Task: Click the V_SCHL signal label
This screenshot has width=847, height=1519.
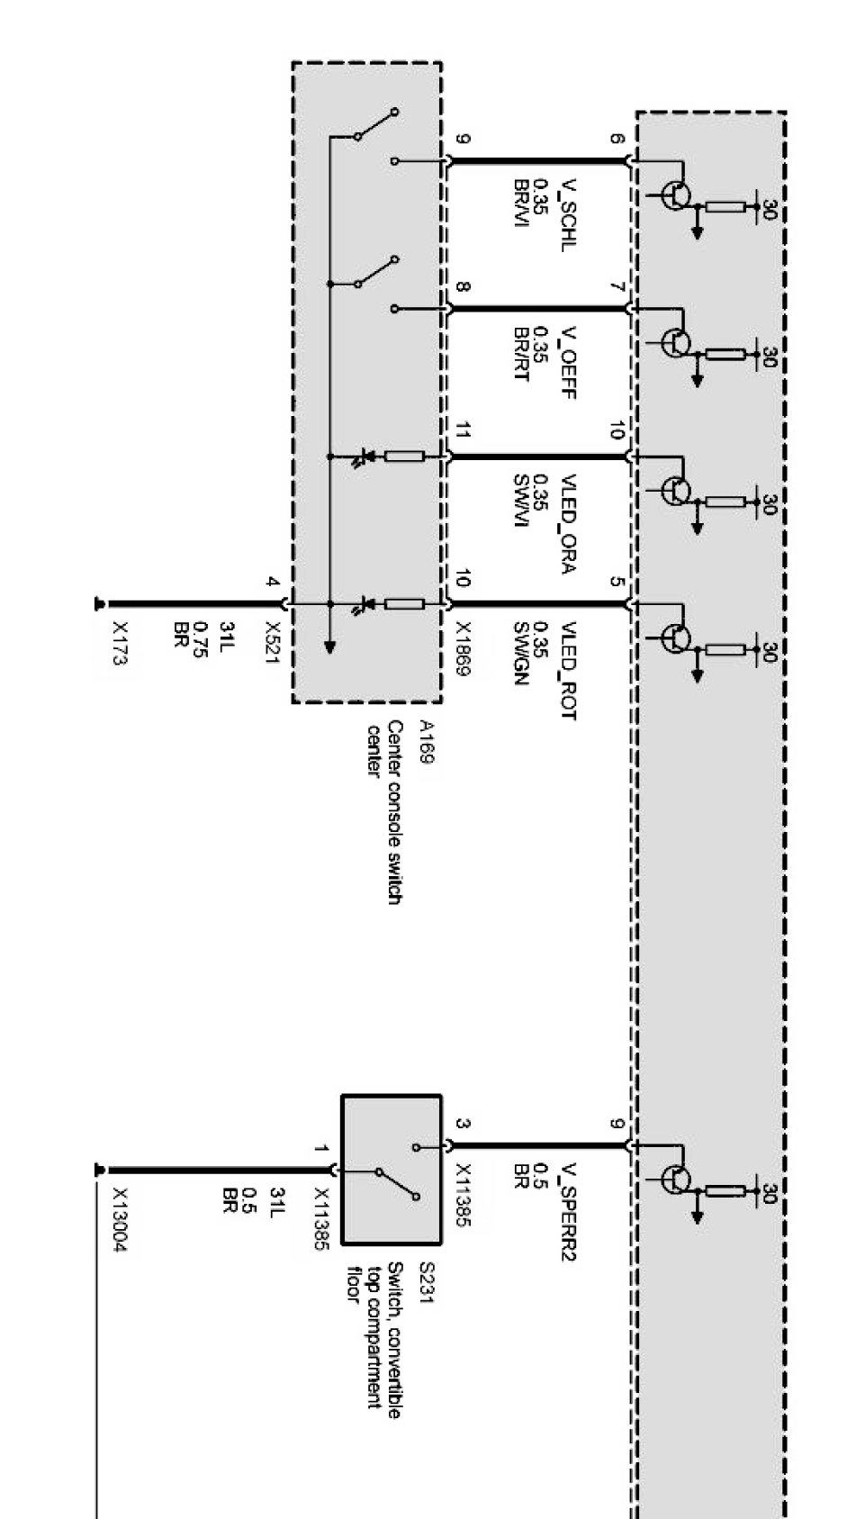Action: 568,215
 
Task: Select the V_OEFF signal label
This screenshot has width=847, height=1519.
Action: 568,362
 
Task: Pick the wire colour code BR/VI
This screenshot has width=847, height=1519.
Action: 520,203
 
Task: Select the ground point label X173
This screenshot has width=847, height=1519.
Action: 120,643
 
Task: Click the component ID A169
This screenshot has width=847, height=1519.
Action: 426,742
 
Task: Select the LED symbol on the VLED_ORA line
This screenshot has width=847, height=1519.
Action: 363,457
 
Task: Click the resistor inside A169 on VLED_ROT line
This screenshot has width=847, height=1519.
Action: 404,603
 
